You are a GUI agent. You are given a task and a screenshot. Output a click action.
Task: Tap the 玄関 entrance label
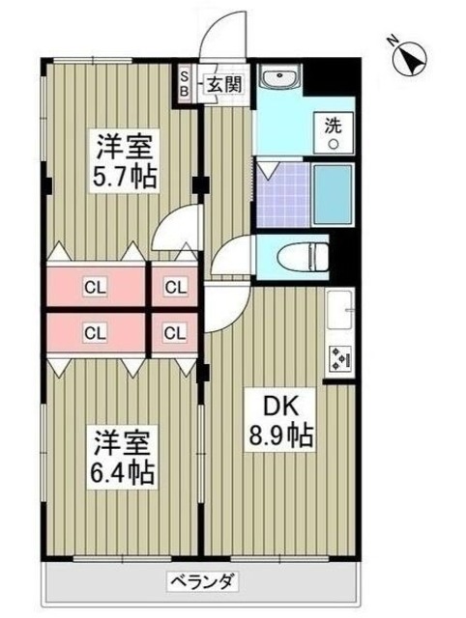tap(221, 84)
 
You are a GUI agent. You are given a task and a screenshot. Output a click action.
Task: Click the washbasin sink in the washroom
tap(282, 78)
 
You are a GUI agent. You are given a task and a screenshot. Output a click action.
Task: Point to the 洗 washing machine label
tap(332, 124)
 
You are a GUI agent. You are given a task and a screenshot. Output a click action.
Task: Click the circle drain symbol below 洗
tap(333, 144)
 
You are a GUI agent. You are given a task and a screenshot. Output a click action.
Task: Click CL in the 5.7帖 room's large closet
tap(94, 286)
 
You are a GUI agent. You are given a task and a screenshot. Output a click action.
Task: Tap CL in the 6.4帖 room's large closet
tap(94, 333)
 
